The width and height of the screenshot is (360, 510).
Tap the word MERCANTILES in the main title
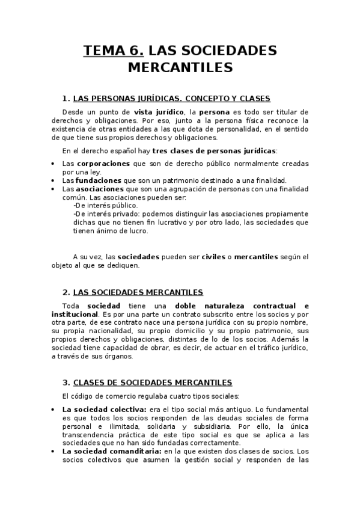[x=180, y=67]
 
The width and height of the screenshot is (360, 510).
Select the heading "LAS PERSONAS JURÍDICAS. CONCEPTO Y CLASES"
[x=171, y=99]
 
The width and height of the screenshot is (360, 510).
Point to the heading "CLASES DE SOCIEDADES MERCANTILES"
[x=152, y=382]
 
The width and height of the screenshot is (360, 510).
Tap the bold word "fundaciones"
[x=99, y=180]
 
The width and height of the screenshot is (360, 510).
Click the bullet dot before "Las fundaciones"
[x=53, y=180]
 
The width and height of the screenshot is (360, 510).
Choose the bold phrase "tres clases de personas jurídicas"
[x=214, y=150]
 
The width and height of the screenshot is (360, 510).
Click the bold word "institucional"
[x=75, y=314]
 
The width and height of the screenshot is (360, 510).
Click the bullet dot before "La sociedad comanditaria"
[x=53, y=452]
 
